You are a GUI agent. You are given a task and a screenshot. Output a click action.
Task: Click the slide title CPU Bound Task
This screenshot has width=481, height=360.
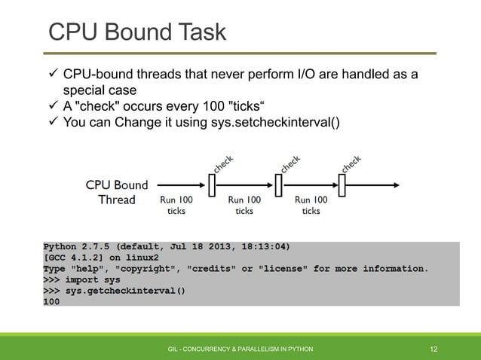[x=136, y=32]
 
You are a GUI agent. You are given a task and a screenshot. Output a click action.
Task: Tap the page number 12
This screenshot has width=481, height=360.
[x=434, y=349]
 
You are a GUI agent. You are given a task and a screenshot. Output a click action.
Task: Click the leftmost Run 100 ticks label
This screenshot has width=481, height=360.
[x=176, y=206]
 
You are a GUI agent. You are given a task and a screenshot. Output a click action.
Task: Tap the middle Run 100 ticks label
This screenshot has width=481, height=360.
[x=244, y=206]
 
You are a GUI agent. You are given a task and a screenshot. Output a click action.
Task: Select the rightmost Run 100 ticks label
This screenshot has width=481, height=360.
[x=311, y=206]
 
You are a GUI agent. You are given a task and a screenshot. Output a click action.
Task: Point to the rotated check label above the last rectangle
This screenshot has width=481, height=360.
[x=351, y=163]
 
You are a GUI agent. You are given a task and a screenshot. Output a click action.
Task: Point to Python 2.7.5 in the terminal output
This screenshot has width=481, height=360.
[x=76, y=246]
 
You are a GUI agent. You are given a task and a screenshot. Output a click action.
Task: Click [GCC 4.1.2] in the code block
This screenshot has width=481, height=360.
[x=75, y=257]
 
